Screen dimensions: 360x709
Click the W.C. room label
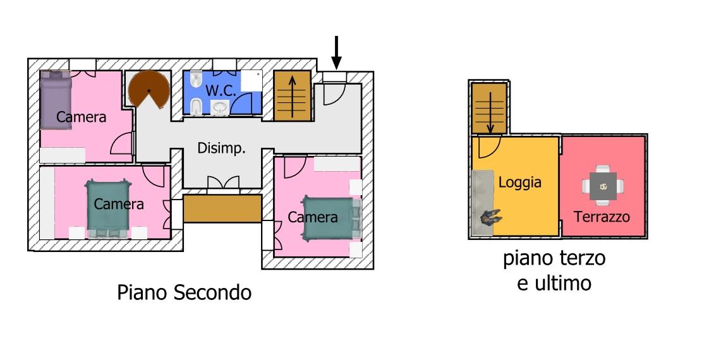(221, 90)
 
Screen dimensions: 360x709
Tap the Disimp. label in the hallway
(221, 148)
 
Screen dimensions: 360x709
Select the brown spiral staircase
(148, 89)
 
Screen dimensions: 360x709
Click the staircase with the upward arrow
(292, 95)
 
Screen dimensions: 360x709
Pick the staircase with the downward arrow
(490, 109)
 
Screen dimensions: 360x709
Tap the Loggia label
(520, 183)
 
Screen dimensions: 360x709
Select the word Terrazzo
(602, 217)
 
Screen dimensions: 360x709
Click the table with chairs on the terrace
(603, 186)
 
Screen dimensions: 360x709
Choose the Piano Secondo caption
(184, 292)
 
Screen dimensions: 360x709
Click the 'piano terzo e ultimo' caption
(554, 270)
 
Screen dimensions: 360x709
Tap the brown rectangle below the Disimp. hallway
(222, 208)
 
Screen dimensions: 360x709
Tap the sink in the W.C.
(220, 108)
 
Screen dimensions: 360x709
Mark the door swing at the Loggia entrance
(486, 148)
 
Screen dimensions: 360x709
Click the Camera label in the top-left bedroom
(81, 117)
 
